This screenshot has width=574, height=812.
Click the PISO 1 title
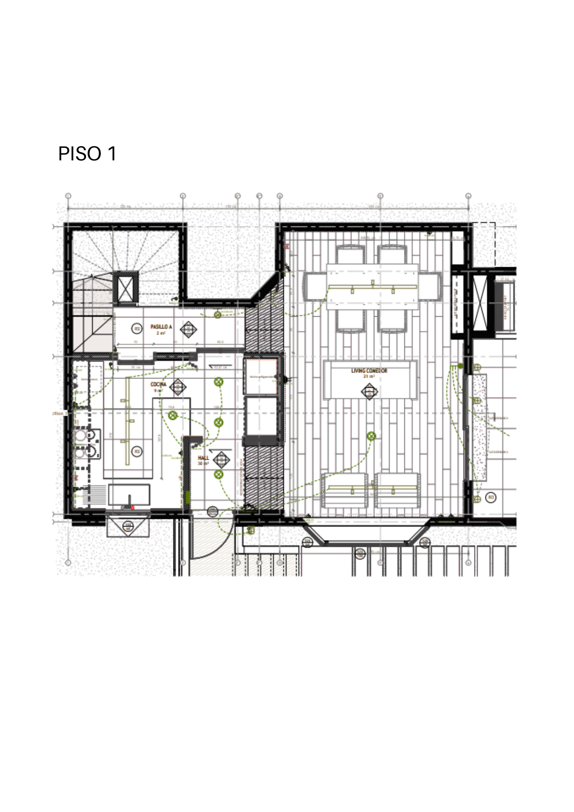click(87, 154)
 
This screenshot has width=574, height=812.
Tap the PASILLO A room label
click(161, 327)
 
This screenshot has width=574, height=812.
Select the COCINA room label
click(158, 384)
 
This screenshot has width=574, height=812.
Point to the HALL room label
click(203, 458)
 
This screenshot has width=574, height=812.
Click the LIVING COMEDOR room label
click(369, 371)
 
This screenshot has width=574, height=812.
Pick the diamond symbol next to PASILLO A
click(188, 330)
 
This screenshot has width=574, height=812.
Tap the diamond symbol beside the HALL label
click(221, 460)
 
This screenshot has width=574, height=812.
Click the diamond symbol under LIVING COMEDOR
click(369, 392)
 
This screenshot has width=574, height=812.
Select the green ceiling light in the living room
click(371, 436)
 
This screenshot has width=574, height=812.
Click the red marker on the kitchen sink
click(133, 508)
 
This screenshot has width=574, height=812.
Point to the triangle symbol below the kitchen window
click(128, 527)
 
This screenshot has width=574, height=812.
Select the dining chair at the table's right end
click(430, 286)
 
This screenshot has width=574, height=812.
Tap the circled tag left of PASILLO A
click(137, 328)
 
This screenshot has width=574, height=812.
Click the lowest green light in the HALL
click(218, 474)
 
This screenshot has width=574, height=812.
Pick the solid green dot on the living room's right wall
click(460, 366)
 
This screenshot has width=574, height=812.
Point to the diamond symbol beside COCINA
click(177, 387)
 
